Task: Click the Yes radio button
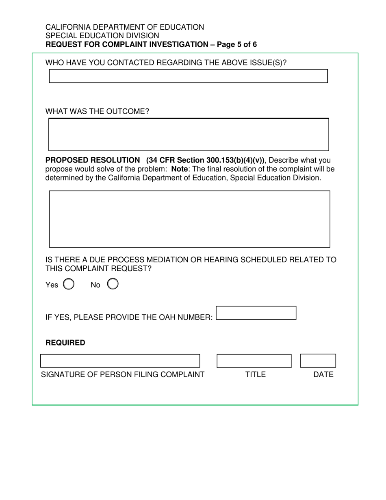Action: click(x=69, y=284)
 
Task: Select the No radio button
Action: click(x=113, y=284)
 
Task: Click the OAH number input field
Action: click(x=256, y=313)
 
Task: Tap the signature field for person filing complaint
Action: click(x=120, y=361)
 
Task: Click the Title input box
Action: click(x=254, y=361)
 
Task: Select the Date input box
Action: click(x=318, y=361)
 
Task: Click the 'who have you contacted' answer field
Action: click(x=188, y=76)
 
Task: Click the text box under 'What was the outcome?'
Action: click(x=189, y=135)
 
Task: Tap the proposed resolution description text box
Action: click(x=189, y=219)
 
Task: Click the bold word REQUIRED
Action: click(x=65, y=343)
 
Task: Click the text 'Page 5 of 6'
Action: click(x=237, y=45)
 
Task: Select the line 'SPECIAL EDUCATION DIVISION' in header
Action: click(x=102, y=36)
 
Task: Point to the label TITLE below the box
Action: click(x=255, y=375)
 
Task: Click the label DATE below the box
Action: click(x=323, y=375)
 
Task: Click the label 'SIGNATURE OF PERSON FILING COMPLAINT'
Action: click(x=122, y=375)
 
